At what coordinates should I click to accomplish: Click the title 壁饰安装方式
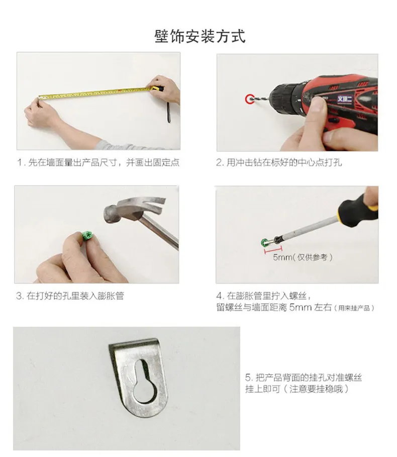coord(200,37)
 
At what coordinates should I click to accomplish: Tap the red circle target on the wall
coord(250,99)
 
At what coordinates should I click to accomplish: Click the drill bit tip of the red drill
coord(250,100)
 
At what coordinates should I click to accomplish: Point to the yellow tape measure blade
coord(94,93)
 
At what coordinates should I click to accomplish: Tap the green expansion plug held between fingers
coord(87,235)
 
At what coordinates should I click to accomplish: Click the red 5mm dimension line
coord(273,249)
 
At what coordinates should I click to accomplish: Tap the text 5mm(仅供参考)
coord(303,257)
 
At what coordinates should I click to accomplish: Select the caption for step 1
coord(98,162)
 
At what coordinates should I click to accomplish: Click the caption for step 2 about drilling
coord(279,162)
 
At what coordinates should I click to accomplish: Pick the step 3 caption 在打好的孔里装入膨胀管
coord(70,296)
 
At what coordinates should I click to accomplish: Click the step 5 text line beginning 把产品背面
coord(303,378)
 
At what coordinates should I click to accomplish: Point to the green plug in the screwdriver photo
coord(265,242)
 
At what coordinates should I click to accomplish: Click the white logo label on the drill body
coord(345,99)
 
